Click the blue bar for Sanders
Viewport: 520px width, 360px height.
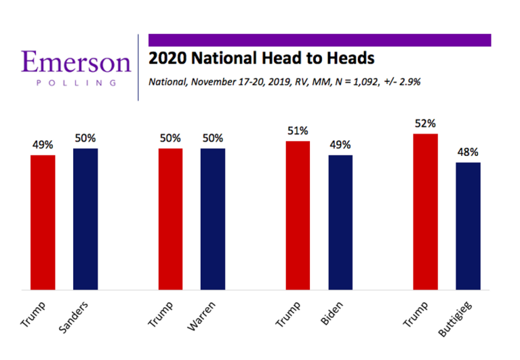(85, 220)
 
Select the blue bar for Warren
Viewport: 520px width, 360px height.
(213, 220)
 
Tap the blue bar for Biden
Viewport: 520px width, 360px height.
(340, 223)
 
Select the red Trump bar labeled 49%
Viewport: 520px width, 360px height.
(43, 223)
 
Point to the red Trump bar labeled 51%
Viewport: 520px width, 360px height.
(298, 216)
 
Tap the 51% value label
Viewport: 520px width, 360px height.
(298, 131)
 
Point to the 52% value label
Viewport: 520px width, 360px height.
(425, 124)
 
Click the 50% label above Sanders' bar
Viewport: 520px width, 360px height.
(85, 138)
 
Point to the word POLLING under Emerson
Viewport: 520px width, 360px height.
(75, 83)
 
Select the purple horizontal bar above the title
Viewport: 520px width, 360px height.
(319, 40)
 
